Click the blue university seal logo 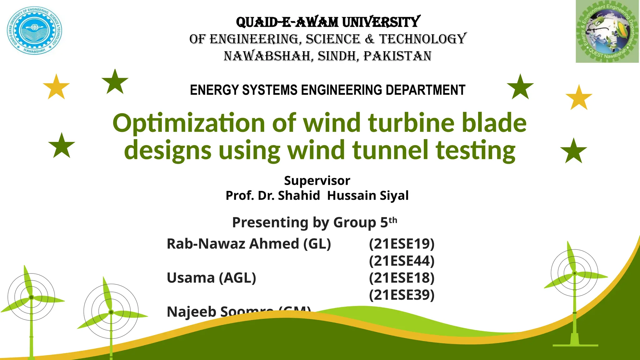coord(34,31)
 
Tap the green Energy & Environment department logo coord(607,32)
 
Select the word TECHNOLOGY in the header coord(423,39)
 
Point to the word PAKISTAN coord(397,56)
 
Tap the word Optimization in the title coord(189,123)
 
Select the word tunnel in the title coord(390,150)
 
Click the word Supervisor coord(317,181)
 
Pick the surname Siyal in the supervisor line coord(394,196)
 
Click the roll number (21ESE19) coord(402,244)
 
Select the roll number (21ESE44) coord(402,261)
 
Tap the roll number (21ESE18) coord(402,278)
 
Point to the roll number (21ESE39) coord(402,295)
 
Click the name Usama coord(191,278)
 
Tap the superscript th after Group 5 coord(393,220)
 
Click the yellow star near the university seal coord(56,87)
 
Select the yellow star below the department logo coord(579,98)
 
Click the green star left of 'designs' coord(62,146)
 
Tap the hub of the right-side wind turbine coord(574,273)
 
